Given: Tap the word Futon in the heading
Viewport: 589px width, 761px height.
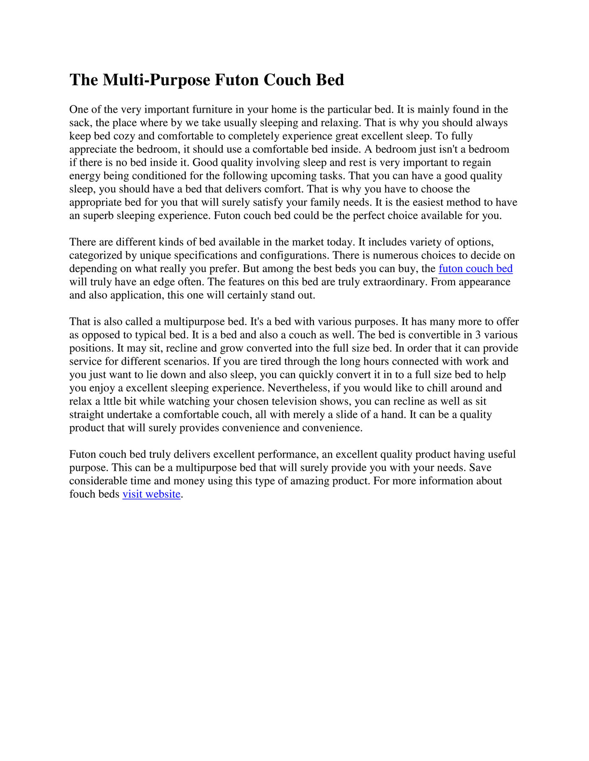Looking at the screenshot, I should coord(238,80).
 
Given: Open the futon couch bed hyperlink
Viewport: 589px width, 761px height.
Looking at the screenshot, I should coord(475,269).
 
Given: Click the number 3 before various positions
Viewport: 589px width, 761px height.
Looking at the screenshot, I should coord(478,335).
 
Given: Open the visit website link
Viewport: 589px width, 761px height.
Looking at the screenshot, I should coord(151,495).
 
